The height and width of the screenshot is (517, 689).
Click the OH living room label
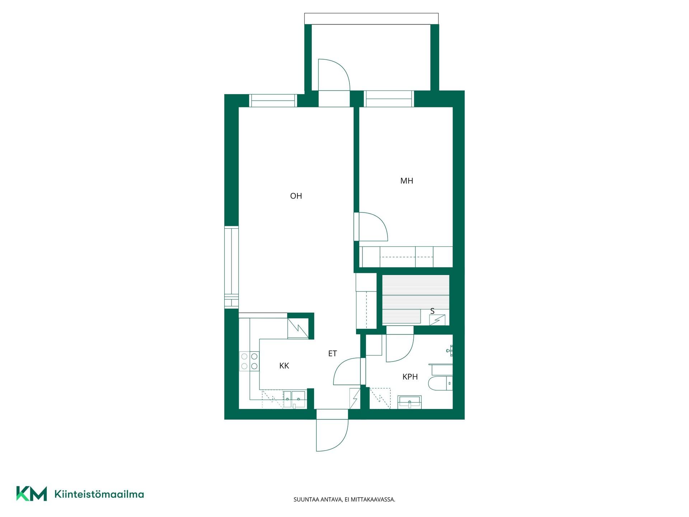coord(296,196)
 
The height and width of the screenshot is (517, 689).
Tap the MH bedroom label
coord(407,181)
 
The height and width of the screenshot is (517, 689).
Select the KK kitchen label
coord(284,366)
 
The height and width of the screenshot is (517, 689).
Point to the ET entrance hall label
coord(333,354)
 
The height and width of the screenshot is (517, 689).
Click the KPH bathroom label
coord(410,377)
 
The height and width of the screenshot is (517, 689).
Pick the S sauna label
coord(432,311)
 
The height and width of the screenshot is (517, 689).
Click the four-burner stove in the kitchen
coord(249,361)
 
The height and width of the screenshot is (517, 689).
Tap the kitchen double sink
coord(294,399)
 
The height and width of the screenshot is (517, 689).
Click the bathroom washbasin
coord(409,402)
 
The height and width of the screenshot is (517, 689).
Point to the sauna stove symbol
coord(437,320)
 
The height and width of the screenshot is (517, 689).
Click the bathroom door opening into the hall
coord(347,372)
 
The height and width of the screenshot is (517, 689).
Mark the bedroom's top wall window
coord(389,99)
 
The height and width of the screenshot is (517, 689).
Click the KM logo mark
coord(32,493)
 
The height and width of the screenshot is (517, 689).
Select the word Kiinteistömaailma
coord(99,494)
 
